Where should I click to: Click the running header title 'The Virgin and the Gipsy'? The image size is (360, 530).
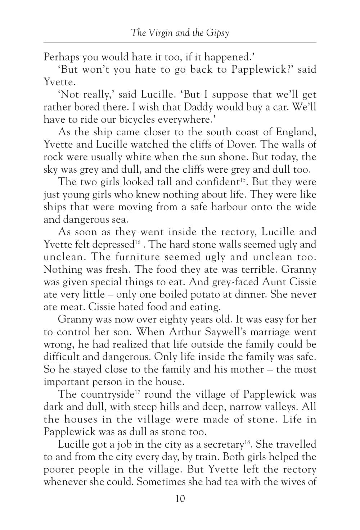(180, 33)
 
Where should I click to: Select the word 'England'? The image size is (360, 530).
(296, 132)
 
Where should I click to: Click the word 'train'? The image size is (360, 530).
(207, 457)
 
